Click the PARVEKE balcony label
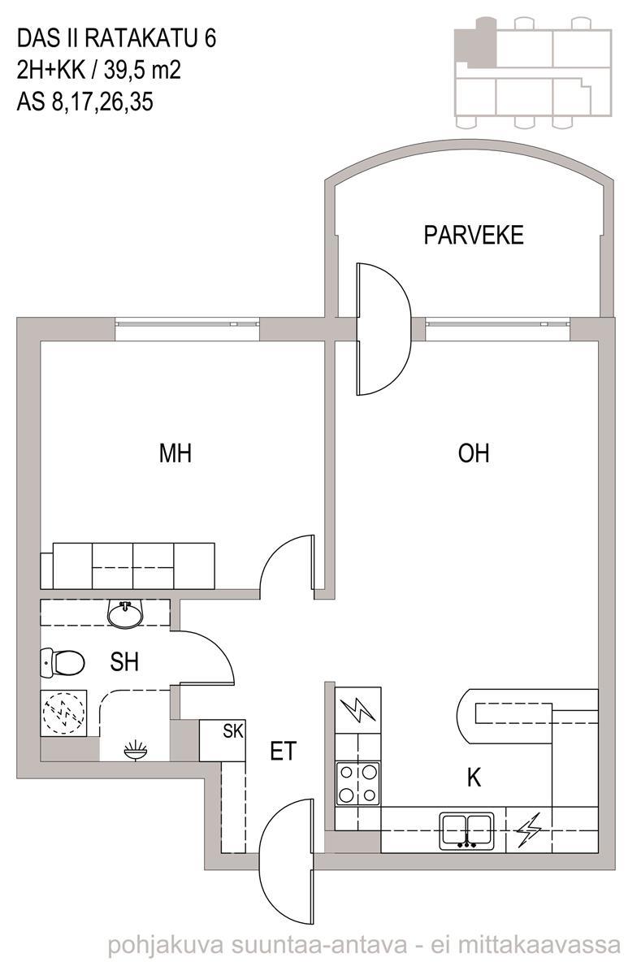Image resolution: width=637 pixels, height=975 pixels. point(474,235)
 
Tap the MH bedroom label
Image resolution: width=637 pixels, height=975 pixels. point(175,453)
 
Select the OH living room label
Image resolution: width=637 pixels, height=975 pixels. point(474,453)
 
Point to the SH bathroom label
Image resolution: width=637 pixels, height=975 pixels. point(124,662)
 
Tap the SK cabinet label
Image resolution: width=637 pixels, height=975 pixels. point(233,732)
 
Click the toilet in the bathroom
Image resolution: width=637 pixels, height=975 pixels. point(63,662)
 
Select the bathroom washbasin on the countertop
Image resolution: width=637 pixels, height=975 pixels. point(124,614)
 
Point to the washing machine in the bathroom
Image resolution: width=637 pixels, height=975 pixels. point(63,713)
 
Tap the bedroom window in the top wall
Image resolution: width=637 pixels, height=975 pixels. point(187,324)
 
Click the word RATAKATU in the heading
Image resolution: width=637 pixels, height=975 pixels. point(142,38)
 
